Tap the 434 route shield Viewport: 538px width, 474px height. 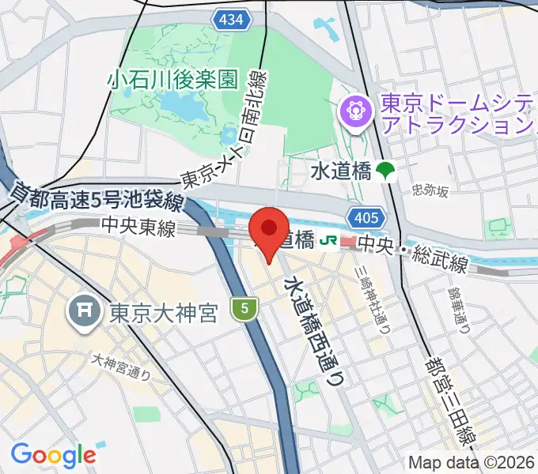click(232, 20)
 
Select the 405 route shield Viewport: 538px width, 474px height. click(366, 216)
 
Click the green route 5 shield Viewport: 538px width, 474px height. click(245, 309)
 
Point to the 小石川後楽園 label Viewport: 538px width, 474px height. click(174, 79)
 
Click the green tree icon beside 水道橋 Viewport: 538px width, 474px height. click(386, 170)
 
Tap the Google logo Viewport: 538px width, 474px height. click(53, 455)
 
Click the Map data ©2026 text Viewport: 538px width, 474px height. click(470, 462)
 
